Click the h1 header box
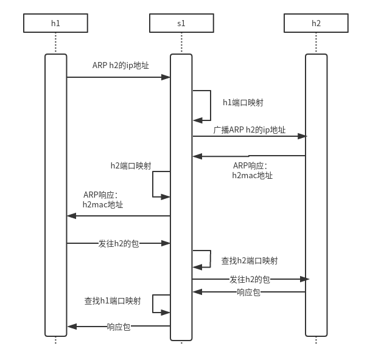tap(55, 23)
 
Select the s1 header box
tap(181, 23)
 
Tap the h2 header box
tap(316, 23)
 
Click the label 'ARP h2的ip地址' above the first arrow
tap(121, 65)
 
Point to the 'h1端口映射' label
tap(243, 102)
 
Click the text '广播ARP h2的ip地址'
tap(250, 130)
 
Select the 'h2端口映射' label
tap(131, 165)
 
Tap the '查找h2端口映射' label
tap(250, 261)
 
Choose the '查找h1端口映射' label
tap(113, 301)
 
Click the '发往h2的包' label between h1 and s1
tap(119, 243)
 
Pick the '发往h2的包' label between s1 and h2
tap(250, 279)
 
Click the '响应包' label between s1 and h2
tap(248, 292)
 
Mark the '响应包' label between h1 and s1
tap(119, 327)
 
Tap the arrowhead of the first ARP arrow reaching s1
tap(166, 77)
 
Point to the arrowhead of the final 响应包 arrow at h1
tap(71, 327)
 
